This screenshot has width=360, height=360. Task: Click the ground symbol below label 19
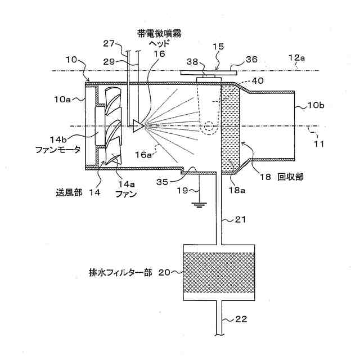click(197, 203)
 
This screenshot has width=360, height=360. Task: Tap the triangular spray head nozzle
click(137, 125)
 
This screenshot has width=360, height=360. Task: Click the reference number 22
click(240, 320)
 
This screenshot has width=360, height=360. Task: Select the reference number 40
click(258, 80)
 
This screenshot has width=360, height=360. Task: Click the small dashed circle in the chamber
click(209, 127)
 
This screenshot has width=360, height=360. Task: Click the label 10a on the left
click(62, 99)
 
